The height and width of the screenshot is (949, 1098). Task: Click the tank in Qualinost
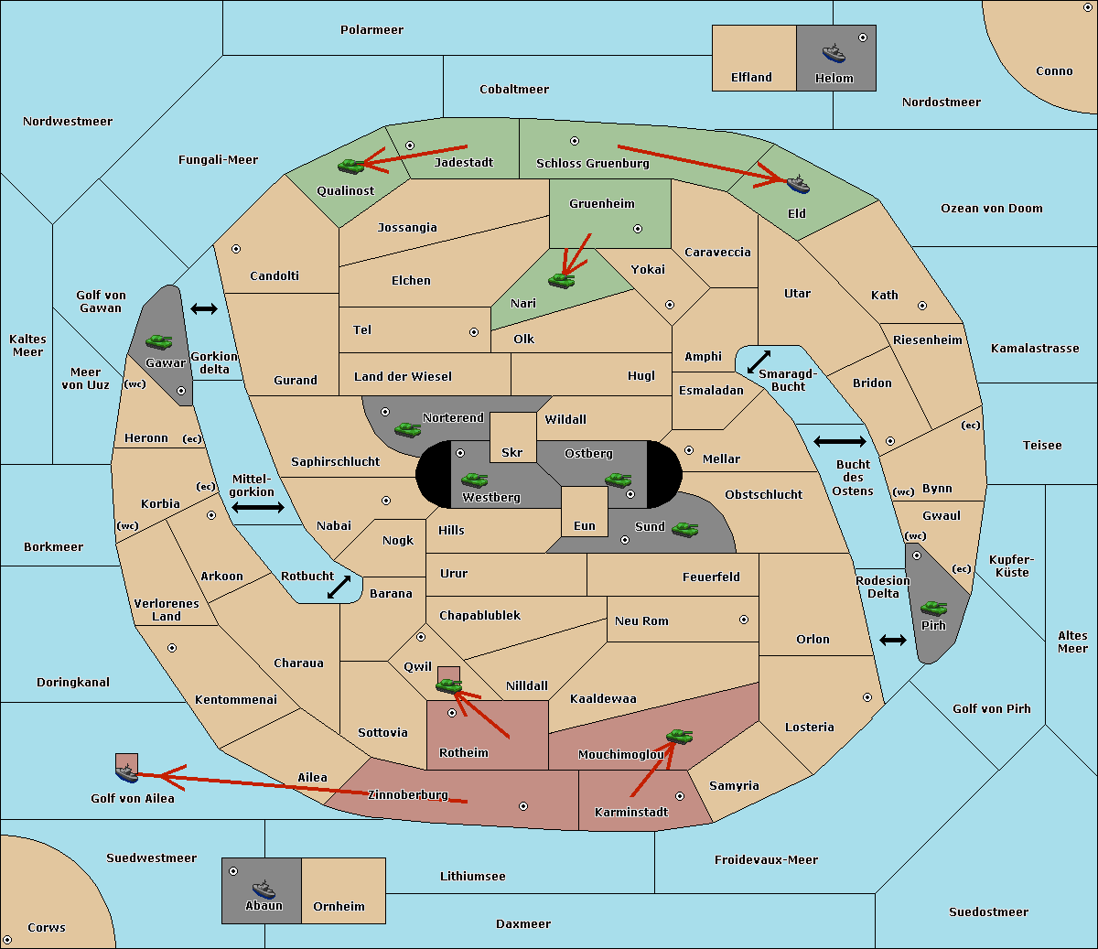pyautogui.click(x=350, y=166)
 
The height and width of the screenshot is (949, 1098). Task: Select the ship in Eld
pyautogui.click(x=798, y=184)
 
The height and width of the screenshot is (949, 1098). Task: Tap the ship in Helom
pyautogui.click(x=834, y=52)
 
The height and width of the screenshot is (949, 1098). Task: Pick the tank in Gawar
pyautogui.click(x=158, y=341)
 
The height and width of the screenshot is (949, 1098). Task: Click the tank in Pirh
pyautogui.click(x=933, y=608)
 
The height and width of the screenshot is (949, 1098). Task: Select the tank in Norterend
pyautogui.click(x=407, y=428)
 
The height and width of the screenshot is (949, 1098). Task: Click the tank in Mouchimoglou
pyautogui.click(x=679, y=736)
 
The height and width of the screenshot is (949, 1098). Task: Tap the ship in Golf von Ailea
pyautogui.click(x=127, y=774)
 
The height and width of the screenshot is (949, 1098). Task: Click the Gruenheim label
pyautogui.click(x=601, y=204)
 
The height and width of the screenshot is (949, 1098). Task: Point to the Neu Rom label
pyautogui.click(x=641, y=621)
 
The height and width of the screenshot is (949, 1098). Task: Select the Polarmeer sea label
pyautogui.click(x=371, y=30)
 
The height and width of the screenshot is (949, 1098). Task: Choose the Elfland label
pyautogui.click(x=751, y=78)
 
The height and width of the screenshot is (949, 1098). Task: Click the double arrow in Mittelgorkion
pyautogui.click(x=258, y=507)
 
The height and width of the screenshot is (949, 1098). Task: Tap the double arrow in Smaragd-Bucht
pyautogui.click(x=759, y=361)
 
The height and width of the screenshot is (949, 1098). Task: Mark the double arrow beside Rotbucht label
pyautogui.click(x=339, y=588)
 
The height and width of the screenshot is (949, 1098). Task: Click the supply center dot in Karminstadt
pyautogui.click(x=680, y=796)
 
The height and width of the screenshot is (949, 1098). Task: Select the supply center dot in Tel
pyautogui.click(x=474, y=332)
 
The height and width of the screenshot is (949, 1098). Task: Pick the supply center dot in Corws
pyautogui.click(x=8, y=940)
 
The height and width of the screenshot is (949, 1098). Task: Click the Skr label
pyautogui.click(x=511, y=453)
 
